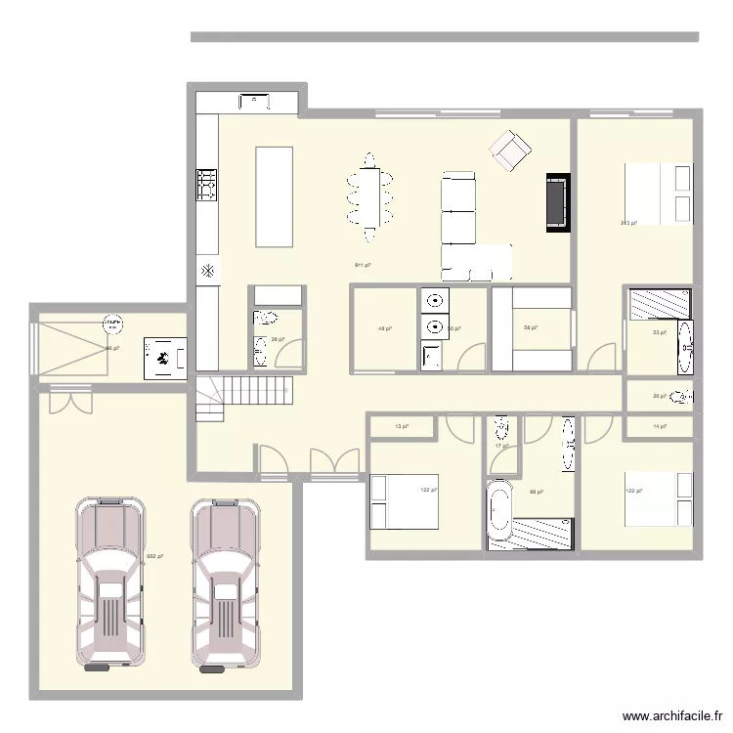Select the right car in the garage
[227, 586]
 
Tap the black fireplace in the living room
[557, 203]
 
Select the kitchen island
[275, 196]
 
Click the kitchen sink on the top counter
[254, 101]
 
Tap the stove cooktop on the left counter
[207, 184]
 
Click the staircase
[244, 396]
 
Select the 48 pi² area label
[383, 328]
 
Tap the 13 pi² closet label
[402, 426]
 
